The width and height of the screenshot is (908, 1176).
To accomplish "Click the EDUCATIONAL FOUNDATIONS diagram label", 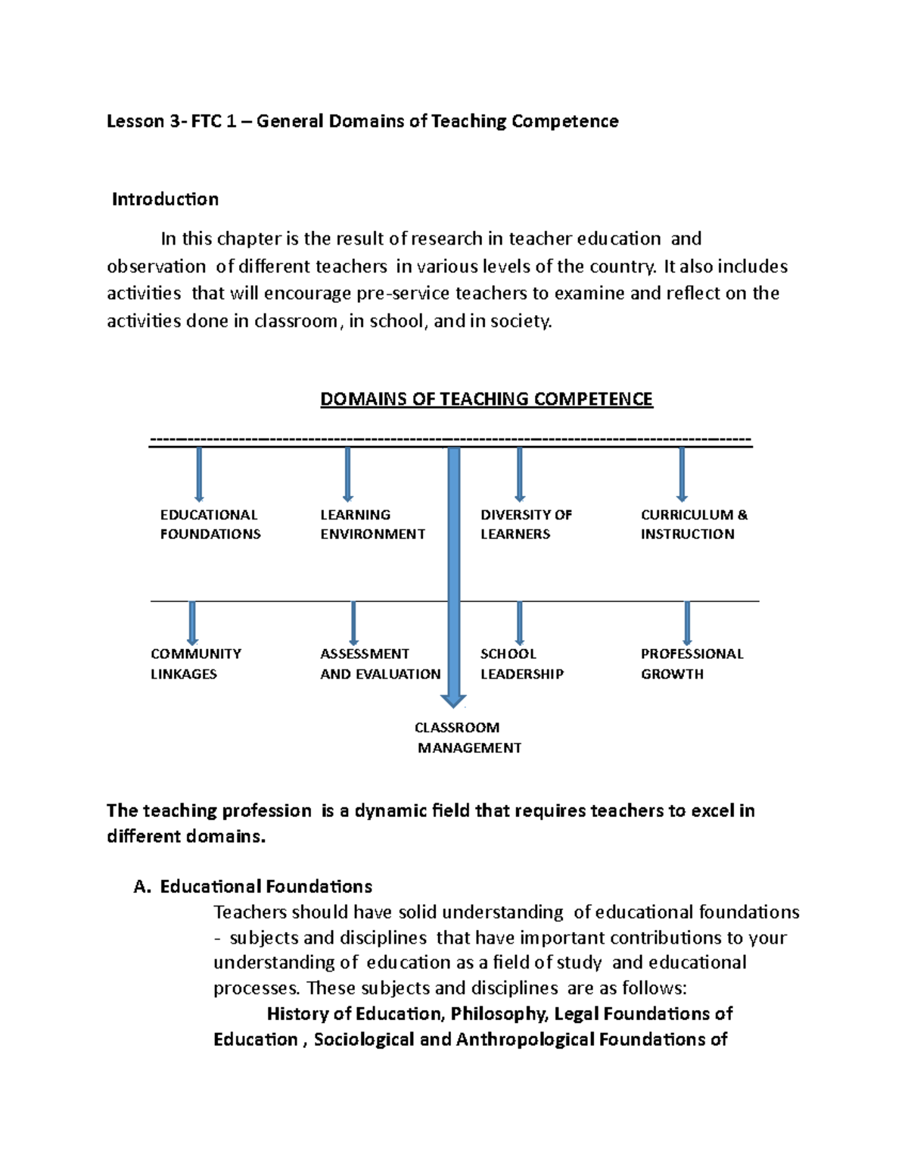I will pos(210,524).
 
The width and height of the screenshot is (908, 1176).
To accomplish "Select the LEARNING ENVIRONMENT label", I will pos(372,524).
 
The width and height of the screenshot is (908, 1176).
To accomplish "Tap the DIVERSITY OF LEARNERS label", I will pos(525,524).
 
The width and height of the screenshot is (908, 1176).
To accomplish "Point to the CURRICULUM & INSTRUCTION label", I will pos(693,524).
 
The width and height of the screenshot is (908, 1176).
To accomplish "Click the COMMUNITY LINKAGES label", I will pos(195,663).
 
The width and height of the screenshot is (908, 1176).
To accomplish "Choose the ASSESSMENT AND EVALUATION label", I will pos(380,663).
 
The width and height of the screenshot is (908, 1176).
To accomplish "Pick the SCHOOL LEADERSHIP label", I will pos(521,663).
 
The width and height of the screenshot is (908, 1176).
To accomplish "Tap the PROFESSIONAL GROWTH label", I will pos(692,663).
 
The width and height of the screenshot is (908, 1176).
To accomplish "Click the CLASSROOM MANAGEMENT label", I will pos(468,738).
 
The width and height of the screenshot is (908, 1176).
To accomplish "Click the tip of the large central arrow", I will pos(453,704).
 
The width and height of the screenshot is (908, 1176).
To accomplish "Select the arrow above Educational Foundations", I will pos(199,474).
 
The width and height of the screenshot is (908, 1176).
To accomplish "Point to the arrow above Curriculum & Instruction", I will pos(682,474).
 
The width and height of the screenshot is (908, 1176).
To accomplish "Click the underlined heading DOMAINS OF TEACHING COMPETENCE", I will pos(486,399).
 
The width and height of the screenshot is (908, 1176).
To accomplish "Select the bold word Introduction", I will pos(165,199).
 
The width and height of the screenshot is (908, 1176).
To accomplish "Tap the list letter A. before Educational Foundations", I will pos(142,887).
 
